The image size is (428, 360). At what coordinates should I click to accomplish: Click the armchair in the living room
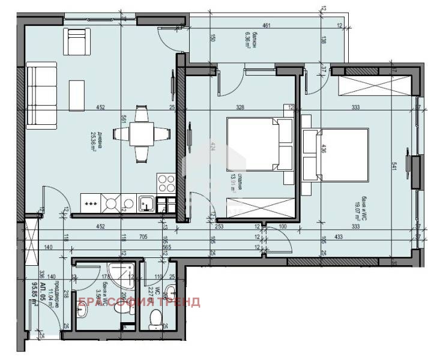coord(77,41)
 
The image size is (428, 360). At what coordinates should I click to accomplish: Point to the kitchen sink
coord(146,205)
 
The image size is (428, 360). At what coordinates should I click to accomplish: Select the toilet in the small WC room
coord(155,317)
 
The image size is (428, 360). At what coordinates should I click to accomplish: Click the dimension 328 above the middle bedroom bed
coord(241,108)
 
